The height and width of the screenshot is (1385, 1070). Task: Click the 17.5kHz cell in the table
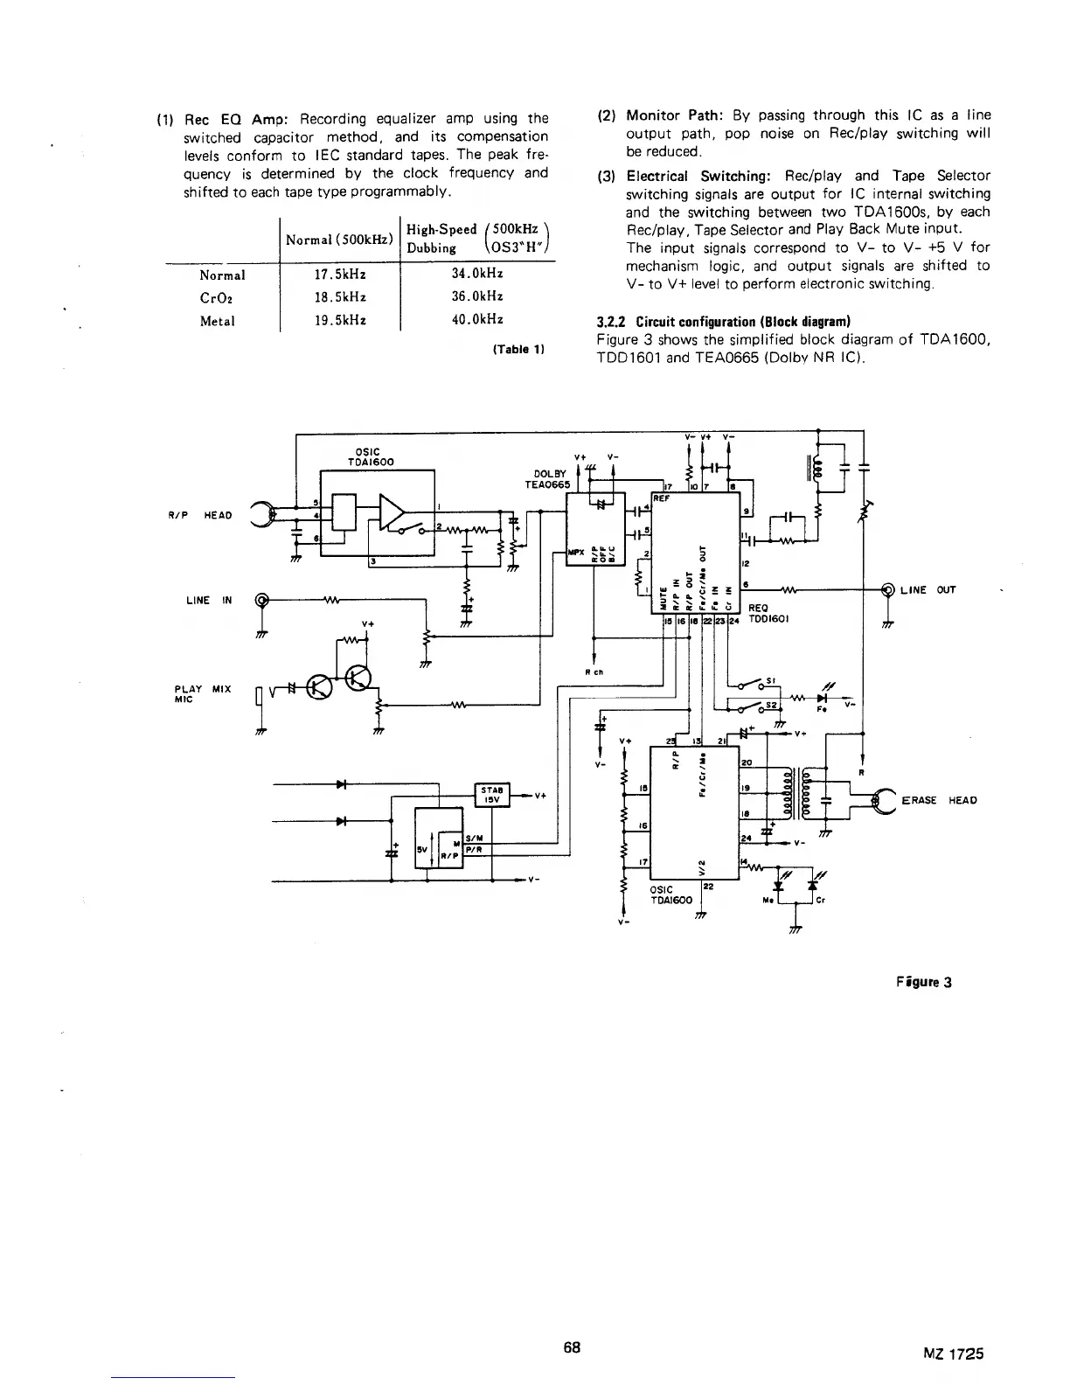(339, 274)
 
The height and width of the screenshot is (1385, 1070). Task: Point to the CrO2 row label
(217, 297)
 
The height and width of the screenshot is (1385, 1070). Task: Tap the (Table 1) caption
(519, 349)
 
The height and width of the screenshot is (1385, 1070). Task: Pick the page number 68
(573, 1347)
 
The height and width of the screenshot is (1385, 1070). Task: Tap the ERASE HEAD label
(938, 800)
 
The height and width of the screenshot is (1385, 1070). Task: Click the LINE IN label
(210, 600)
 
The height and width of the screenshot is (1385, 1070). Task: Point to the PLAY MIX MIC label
(203, 693)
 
